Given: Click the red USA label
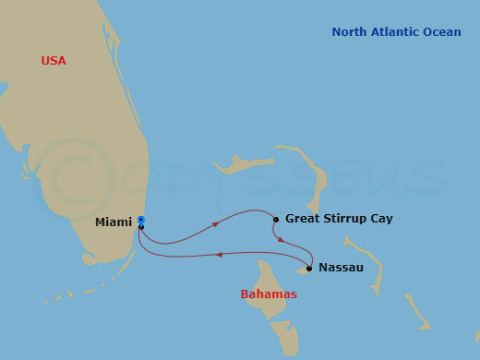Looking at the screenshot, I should (53, 61).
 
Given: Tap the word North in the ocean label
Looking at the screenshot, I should (350, 32).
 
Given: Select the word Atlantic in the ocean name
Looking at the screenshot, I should (397, 32).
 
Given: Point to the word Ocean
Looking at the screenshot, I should (443, 32).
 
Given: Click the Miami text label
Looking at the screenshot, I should (113, 222).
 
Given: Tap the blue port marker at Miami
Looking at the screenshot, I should (141, 220).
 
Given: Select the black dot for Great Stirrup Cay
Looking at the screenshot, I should (276, 220).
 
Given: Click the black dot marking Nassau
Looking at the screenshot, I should (309, 269).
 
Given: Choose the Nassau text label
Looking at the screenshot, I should (341, 268).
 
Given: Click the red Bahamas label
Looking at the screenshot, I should (269, 294).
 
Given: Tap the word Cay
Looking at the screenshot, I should (382, 219).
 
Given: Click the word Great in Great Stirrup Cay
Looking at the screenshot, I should (304, 219).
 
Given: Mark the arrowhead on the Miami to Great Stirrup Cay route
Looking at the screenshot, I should (216, 223).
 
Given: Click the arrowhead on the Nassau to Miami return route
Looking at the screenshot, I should (218, 254).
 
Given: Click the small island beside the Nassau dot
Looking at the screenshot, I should (302, 271).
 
